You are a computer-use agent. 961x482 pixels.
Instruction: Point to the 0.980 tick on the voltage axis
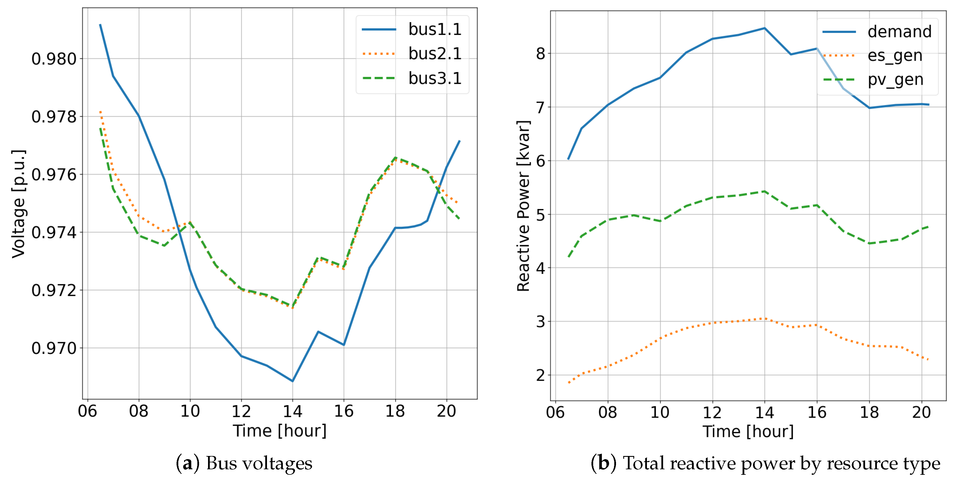tap(54, 59)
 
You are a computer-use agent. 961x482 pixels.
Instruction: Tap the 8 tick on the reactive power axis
tap(541, 54)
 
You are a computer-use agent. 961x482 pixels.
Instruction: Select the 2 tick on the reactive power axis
tap(541, 375)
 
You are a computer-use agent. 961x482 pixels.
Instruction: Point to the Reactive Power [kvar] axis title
tap(523, 206)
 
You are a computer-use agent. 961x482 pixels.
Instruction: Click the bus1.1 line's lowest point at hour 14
tap(292, 381)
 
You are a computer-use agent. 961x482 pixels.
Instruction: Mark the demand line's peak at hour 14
tap(765, 28)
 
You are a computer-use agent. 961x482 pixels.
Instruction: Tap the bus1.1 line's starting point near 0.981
tap(100, 25)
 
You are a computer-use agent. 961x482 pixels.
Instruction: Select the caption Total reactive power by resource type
tap(781, 463)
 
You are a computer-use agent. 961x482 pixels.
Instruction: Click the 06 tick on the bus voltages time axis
tap(88, 411)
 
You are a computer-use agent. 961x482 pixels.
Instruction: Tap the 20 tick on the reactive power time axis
tap(921, 412)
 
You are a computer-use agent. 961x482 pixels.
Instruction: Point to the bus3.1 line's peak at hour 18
tap(396, 158)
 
